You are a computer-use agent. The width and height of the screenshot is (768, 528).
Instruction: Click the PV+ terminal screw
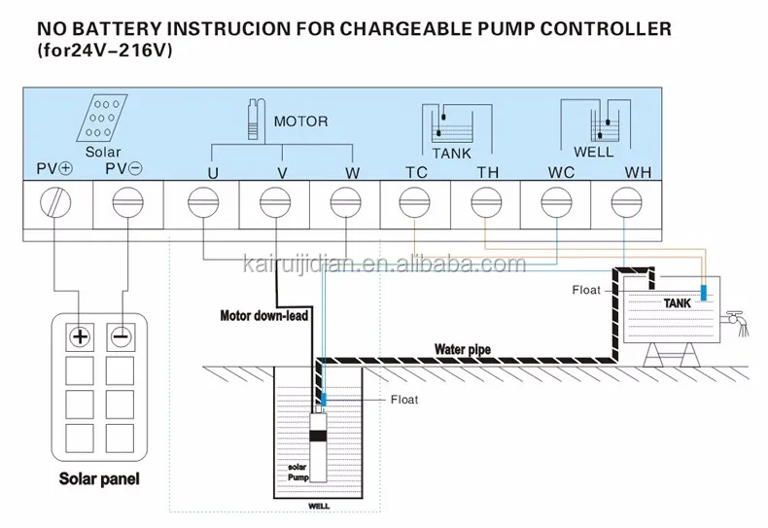click(55, 202)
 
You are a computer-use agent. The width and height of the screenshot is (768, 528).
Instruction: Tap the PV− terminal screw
click(127, 202)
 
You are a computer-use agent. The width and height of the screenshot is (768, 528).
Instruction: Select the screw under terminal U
click(203, 202)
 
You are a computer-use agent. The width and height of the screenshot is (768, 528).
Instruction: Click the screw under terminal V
click(275, 202)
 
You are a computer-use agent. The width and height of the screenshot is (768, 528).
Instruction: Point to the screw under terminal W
click(346, 202)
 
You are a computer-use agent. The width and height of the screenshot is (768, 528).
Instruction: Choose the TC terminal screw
click(415, 202)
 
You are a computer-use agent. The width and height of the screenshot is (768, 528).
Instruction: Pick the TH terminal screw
click(486, 202)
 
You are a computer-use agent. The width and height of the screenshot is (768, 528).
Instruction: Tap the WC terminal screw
click(556, 202)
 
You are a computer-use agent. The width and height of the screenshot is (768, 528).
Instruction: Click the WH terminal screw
click(627, 202)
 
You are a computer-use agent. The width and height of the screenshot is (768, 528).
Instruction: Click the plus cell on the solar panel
click(80, 337)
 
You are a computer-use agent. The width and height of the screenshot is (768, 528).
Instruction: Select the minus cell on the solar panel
click(120, 337)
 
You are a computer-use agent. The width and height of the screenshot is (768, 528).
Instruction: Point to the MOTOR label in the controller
click(300, 122)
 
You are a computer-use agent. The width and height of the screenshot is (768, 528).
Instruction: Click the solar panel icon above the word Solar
click(102, 118)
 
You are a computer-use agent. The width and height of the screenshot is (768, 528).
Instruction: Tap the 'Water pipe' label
click(463, 350)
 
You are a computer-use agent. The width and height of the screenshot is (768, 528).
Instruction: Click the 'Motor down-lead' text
click(264, 315)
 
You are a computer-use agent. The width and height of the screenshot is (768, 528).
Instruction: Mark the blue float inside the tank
click(704, 293)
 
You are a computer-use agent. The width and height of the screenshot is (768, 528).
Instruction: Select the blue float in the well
click(324, 399)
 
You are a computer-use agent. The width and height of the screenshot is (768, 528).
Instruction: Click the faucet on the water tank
click(738, 321)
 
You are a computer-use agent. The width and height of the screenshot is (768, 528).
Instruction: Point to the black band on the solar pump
click(318, 436)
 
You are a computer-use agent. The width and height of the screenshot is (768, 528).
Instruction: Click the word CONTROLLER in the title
click(606, 29)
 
